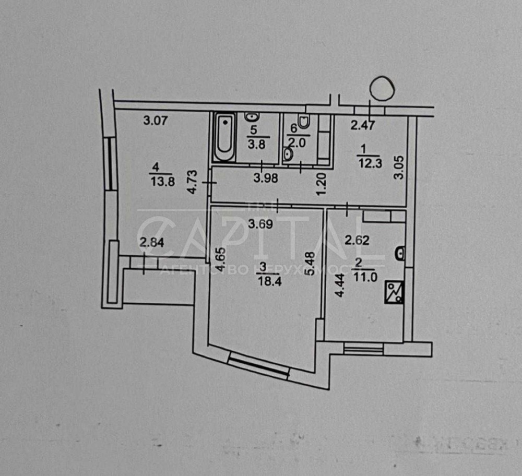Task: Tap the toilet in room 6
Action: click(x=305, y=122)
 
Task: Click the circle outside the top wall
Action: click(x=382, y=88)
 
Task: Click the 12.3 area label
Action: click(x=370, y=163)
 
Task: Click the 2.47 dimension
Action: click(x=362, y=125)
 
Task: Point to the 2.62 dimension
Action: click(x=358, y=241)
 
